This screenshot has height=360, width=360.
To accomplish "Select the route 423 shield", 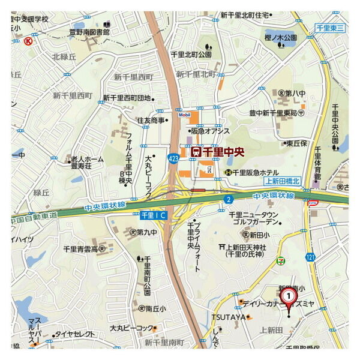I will (x=173, y=158).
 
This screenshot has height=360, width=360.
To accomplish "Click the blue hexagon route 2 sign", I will (x=228, y=199).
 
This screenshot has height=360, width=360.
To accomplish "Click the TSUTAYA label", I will (x=229, y=316).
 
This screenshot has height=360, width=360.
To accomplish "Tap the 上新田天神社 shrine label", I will (x=251, y=247).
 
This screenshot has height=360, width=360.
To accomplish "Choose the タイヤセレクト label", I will (x=74, y=334).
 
